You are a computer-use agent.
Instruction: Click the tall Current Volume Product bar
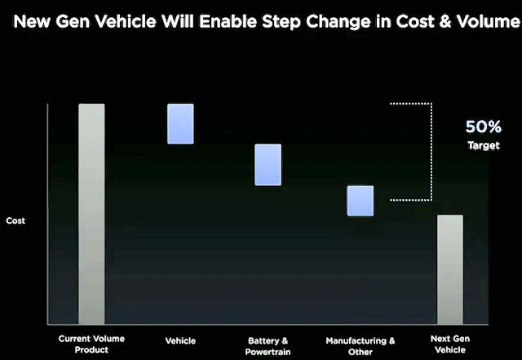(91, 214)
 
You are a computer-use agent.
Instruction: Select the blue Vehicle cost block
(180, 123)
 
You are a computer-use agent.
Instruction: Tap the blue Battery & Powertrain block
(268, 165)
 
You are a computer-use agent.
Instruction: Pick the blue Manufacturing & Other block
(361, 201)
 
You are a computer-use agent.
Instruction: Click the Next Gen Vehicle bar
(450, 269)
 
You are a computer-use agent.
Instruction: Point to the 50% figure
(484, 127)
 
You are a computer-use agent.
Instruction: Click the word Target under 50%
(484, 145)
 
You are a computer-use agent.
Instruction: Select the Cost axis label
(15, 220)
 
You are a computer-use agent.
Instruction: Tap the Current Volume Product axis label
(91, 344)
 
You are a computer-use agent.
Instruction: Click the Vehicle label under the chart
(180, 340)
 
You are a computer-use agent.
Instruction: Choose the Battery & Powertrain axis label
(268, 346)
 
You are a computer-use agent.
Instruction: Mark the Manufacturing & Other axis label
(361, 346)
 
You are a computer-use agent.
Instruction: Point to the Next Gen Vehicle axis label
(450, 344)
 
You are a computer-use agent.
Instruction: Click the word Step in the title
(282, 22)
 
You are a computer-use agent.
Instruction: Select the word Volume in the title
(488, 22)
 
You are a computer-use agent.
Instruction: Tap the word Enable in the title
(228, 22)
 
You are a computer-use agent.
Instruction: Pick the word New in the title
(33, 22)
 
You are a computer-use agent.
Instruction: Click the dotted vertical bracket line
(431, 152)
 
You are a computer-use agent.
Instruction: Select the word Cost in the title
(415, 22)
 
